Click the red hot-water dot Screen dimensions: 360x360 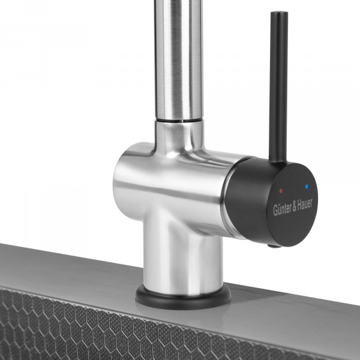(281, 191)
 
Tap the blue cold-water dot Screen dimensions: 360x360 (307, 187)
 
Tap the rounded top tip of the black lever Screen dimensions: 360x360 (279, 13)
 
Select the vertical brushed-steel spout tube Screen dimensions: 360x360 (179, 59)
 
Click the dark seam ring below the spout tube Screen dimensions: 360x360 (179, 121)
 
